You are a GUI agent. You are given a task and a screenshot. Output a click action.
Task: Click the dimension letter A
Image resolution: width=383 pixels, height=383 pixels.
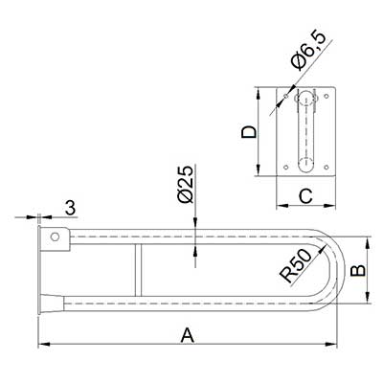pyautogui.click(x=188, y=336)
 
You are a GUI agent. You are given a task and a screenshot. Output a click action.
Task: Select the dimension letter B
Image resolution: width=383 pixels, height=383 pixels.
pyautogui.click(x=358, y=271)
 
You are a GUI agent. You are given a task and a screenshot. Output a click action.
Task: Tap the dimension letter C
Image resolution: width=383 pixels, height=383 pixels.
pyautogui.click(x=305, y=196)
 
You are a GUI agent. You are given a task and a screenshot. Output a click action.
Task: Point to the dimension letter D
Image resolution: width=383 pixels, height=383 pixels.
pyautogui.click(x=249, y=132)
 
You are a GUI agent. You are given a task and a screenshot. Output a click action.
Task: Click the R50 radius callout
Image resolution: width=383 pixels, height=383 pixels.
pyautogui.click(x=296, y=266)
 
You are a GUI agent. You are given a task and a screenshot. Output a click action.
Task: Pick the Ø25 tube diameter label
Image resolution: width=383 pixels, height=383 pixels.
pyautogui.click(x=186, y=185)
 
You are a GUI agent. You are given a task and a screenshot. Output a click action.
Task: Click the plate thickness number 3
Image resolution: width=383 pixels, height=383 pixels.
pyautogui.click(x=70, y=208)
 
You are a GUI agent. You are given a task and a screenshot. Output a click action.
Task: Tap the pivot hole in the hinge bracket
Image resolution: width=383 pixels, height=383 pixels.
pyautogui.click(x=55, y=237)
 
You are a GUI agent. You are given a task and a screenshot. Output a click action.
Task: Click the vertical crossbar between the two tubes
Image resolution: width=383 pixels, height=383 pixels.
pyautogui.click(x=138, y=270)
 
